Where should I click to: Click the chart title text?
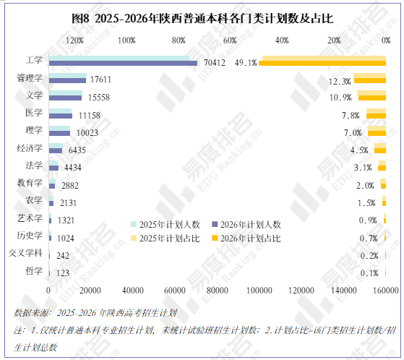click(202, 19)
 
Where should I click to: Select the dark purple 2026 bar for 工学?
click(123, 64)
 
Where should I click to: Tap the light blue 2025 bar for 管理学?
click(68, 75)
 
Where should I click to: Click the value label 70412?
click(215, 63)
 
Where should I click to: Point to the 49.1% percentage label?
click(246, 63)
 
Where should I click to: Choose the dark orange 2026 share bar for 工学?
click(322, 64)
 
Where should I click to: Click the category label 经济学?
click(30, 148)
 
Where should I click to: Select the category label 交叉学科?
click(25, 253)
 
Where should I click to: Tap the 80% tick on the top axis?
click(179, 40)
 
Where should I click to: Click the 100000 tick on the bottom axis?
click(259, 291)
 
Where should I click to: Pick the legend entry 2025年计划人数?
click(166, 224)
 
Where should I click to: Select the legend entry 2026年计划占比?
click(246, 239)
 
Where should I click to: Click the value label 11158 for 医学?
click(90, 116)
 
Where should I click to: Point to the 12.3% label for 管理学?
click(340, 82)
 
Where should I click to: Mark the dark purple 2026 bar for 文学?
click(66, 98)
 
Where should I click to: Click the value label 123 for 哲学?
click(63, 273)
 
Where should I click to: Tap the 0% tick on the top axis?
click(386, 40)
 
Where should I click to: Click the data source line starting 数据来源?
click(95, 313)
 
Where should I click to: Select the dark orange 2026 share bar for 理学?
click(377, 133)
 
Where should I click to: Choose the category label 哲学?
click(34, 271)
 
